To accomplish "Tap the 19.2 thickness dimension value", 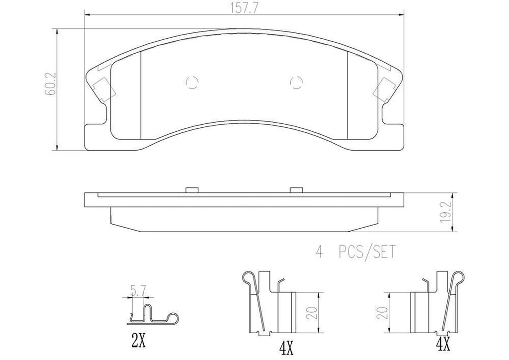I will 461,213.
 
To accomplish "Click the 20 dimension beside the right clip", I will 382,313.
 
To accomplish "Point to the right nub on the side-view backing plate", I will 296,189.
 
